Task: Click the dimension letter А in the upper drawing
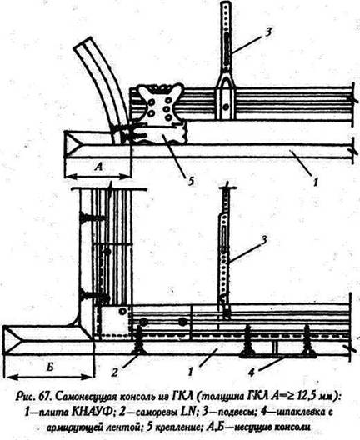[x=98, y=167]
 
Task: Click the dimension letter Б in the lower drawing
[x=50, y=367]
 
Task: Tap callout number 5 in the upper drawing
[x=191, y=182]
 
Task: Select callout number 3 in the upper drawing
[x=268, y=32]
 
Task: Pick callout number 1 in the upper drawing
[x=316, y=182]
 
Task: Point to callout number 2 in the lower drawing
[x=114, y=372]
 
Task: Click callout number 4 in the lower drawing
[x=252, y=372]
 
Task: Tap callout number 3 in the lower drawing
[x=264, y=240]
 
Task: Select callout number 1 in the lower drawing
[x=191, y=372]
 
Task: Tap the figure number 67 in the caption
[x=46, y=396]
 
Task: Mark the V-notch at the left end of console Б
[x=12, y=340]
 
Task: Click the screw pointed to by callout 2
[x=139, y=339]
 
